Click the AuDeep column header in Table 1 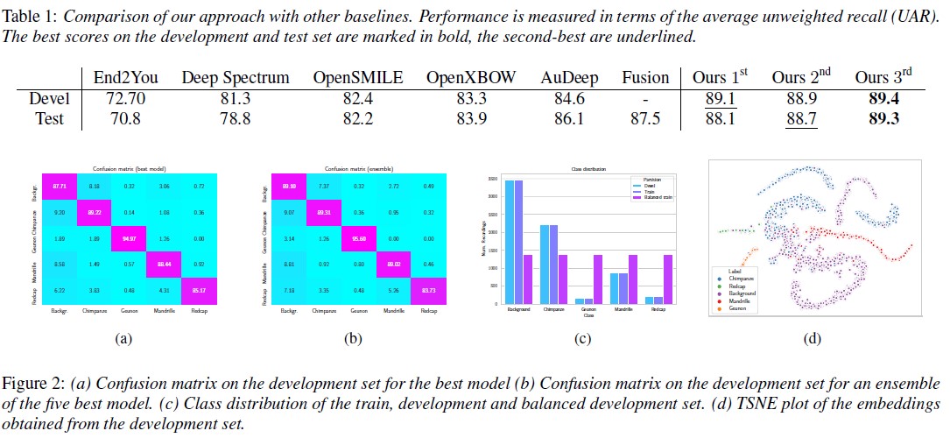click(x=570, y=77)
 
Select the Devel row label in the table click(x=51, y=98)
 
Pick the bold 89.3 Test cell click(x=883, y=119)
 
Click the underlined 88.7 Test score click(x=801, y=119)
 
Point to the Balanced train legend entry click(x=654, y=199)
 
